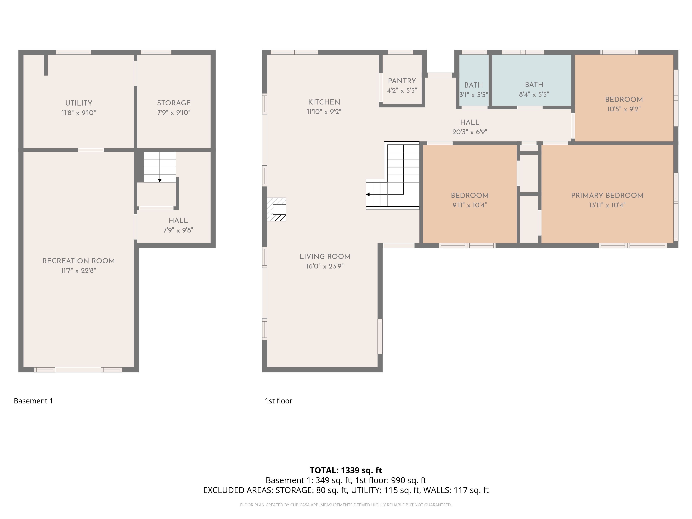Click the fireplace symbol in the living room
pyautogui.click(x=276, y=209)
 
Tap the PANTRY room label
pyautogui.click(x=402, y=81)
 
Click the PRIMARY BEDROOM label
pyautogui.click(x=607, y=195)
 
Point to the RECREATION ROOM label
pyautogui.click(x=79, y=261)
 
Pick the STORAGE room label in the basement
pyautogui.click(x=174, y=103)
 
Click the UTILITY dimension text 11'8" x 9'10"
pyautogui.click(x=79, y=113)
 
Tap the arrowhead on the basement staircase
pyautogui.click(x=160, y=180)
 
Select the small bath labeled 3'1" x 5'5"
pyautogui.click(x=474, y=80)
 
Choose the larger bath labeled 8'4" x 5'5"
pyautogui.click(x=532, y=80)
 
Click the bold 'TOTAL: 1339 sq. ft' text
pyautogui.click(x=346, y=470)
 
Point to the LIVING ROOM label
pyautogui.click(x=325, y=257)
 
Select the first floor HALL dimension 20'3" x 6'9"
pyautogui.click(x=470, y=132)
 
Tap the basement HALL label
pyautogui.click(x=178, y=221)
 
